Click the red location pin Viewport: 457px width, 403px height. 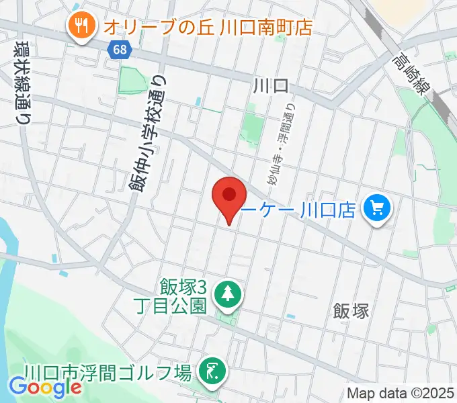tap(229, 196)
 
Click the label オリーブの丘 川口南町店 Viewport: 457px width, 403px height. tap(208, 28)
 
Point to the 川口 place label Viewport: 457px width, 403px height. tap(272, 85)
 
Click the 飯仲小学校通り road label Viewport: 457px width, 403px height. tap(154, 132)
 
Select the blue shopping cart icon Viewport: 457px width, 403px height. tap(376, 210)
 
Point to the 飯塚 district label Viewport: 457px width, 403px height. tap(351, 310)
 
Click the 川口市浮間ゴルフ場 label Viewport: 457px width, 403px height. tap(108, 371)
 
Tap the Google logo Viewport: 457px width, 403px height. tap(45, 388)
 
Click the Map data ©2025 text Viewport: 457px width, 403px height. tap(401, 393)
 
